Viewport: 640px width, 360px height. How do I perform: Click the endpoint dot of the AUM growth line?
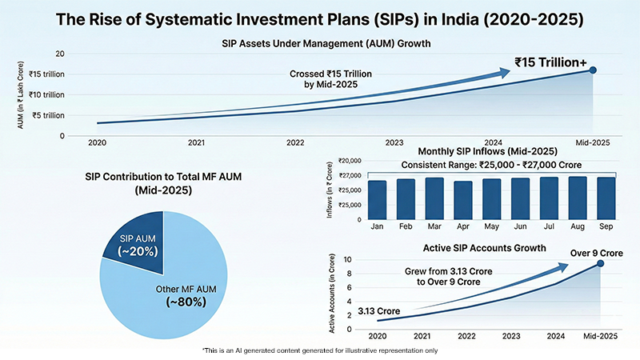593,70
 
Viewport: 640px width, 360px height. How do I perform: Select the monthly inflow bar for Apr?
463,200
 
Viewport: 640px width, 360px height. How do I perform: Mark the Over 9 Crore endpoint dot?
600,263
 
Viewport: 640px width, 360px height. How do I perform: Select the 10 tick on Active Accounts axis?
346,260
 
